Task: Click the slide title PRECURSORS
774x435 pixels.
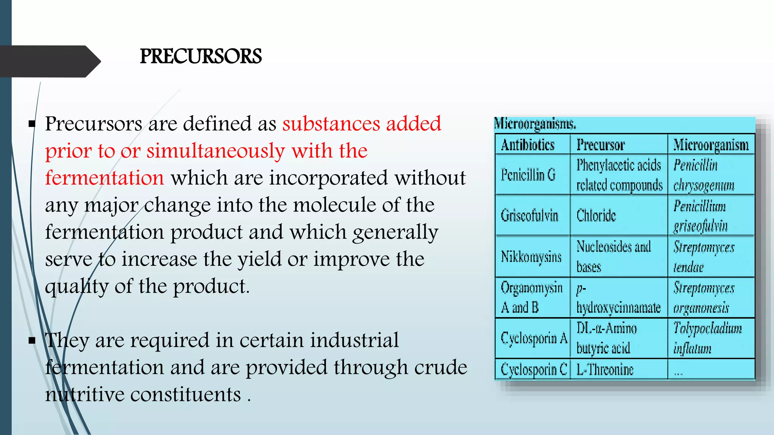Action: (201, 57)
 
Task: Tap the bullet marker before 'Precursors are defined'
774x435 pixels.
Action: (32, 123)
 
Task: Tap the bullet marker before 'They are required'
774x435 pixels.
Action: (32, 341)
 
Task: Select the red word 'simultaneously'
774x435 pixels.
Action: (215, 151)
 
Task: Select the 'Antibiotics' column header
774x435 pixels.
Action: (528, 145)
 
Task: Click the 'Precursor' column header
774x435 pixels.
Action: (601, 145)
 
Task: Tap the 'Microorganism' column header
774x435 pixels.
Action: (711, 145)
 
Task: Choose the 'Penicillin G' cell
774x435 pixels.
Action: (528, 175)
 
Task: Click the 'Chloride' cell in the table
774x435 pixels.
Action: (596, 216)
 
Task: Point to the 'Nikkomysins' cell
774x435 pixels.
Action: (531, 257)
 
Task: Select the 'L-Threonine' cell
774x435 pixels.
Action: (605, 369)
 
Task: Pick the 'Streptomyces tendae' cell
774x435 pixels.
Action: (703, 257)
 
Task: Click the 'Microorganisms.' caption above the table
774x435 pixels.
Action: (535, 124)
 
